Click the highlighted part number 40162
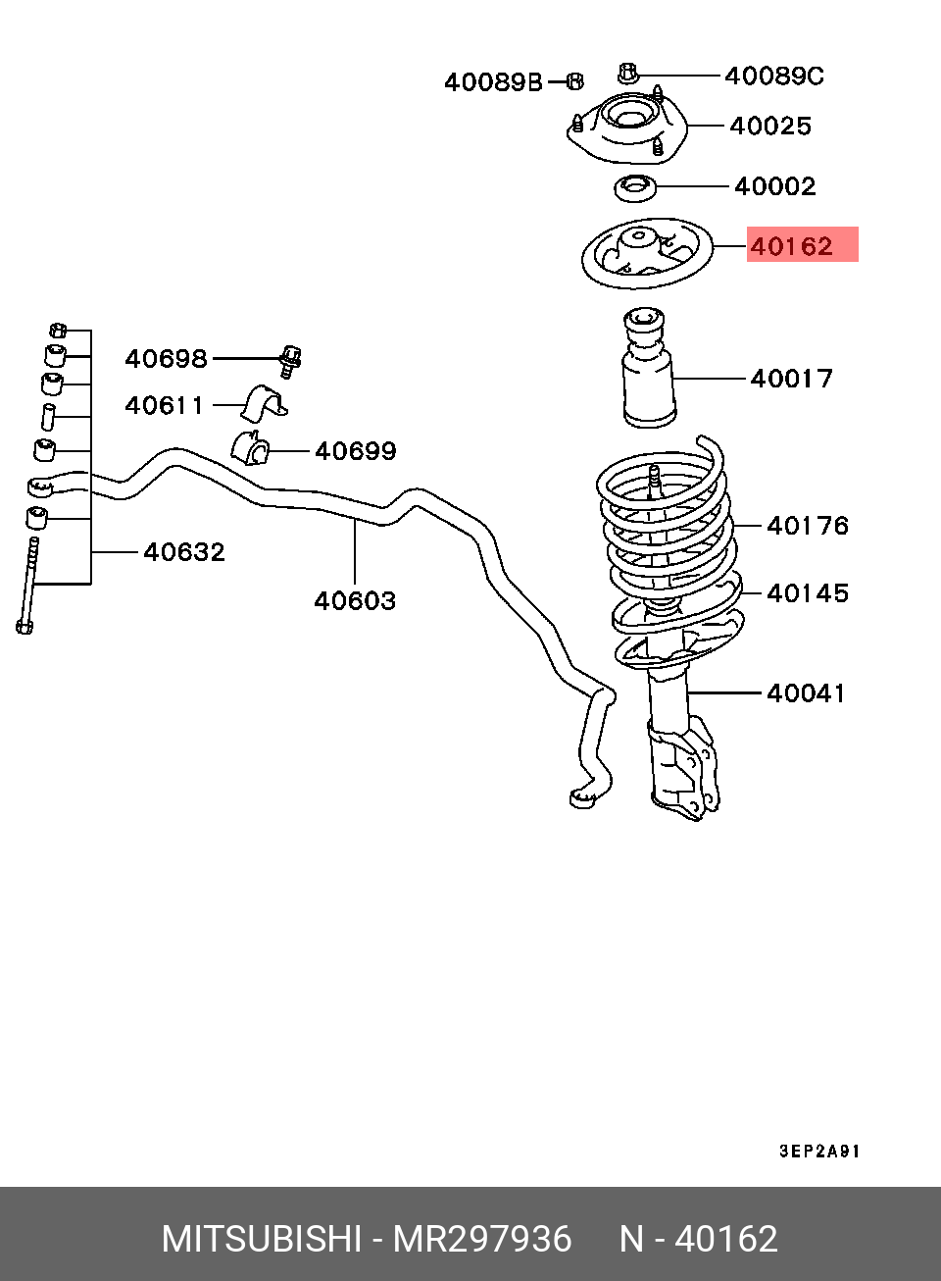coord(791,245)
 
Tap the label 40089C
coord(774,76)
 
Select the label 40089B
coord(493,81)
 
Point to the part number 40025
coord(770,126)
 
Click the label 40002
coord(774,185)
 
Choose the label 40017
coord(791,378)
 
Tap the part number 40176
coord(808,526)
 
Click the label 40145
coord(808,592)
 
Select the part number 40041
coord(806,692)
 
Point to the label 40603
coord(355,600)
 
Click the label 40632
coord(184,552)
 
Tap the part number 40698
coord(166,359)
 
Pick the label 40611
coord(165,405)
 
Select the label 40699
coord(356,451)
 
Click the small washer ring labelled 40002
coord(635,185)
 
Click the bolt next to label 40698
coord(290,361)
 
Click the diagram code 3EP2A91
coord(819,1151)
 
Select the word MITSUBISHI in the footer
coord(261,1239)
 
